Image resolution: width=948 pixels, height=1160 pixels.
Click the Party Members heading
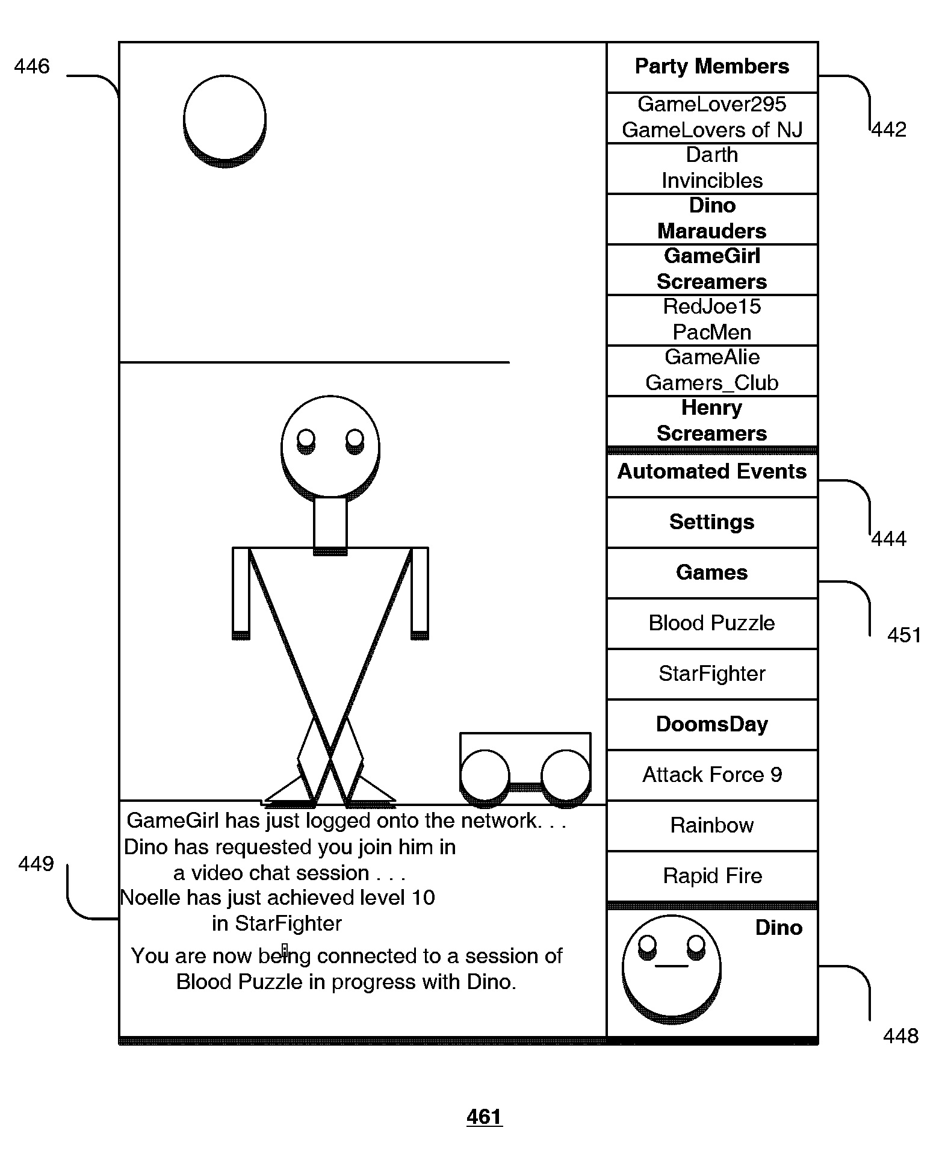tap(711, 67)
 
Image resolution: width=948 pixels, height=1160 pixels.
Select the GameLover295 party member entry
tap(711, 117)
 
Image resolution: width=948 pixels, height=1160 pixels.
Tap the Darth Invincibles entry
tap(711, 168)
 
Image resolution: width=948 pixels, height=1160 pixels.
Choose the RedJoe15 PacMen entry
tap(711, 320)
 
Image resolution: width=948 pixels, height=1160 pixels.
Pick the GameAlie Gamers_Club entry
tap(711, 370)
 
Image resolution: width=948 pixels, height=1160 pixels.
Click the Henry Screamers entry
tap(711, 421)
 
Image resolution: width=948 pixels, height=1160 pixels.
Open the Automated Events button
tap(711, 472)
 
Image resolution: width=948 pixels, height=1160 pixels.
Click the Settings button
tap(711, 522)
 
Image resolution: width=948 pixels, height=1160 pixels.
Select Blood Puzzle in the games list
tap(711, 623)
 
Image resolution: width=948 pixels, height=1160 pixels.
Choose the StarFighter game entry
tap(711, 674)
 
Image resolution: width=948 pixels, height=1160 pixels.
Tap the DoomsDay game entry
tap(711, 724)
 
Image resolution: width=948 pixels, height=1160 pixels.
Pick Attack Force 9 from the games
tap(711, 775)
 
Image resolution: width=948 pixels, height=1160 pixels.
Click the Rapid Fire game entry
tap(711, 876)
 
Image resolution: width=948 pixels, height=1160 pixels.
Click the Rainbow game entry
tap(711, 825)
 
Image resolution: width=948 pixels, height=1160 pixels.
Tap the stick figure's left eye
tap(306, 439)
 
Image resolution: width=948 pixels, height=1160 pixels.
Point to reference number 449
tap(36, 864)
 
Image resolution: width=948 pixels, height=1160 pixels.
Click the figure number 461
tap(484, 1117)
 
